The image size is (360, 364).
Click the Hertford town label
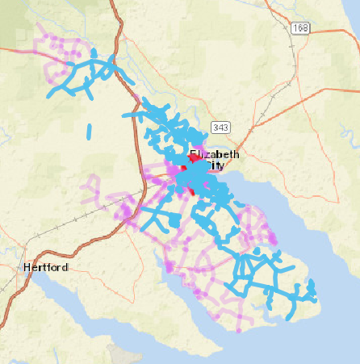[46, 267]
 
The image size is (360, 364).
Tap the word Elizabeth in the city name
[216, 154]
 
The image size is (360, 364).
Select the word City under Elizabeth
[214, 165]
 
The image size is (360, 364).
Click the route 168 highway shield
[301, 27]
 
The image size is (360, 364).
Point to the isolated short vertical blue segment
[89, 132]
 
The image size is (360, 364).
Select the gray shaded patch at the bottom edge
[121, 356]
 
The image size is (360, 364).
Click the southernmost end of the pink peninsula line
[239, 329]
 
